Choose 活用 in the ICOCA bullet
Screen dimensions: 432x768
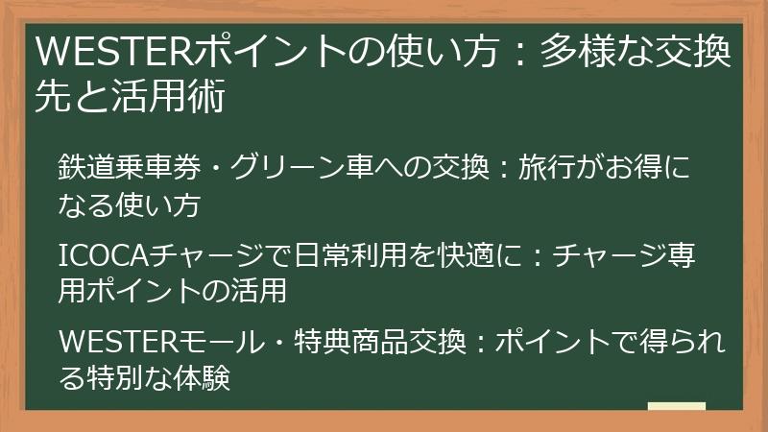[258, 291]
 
